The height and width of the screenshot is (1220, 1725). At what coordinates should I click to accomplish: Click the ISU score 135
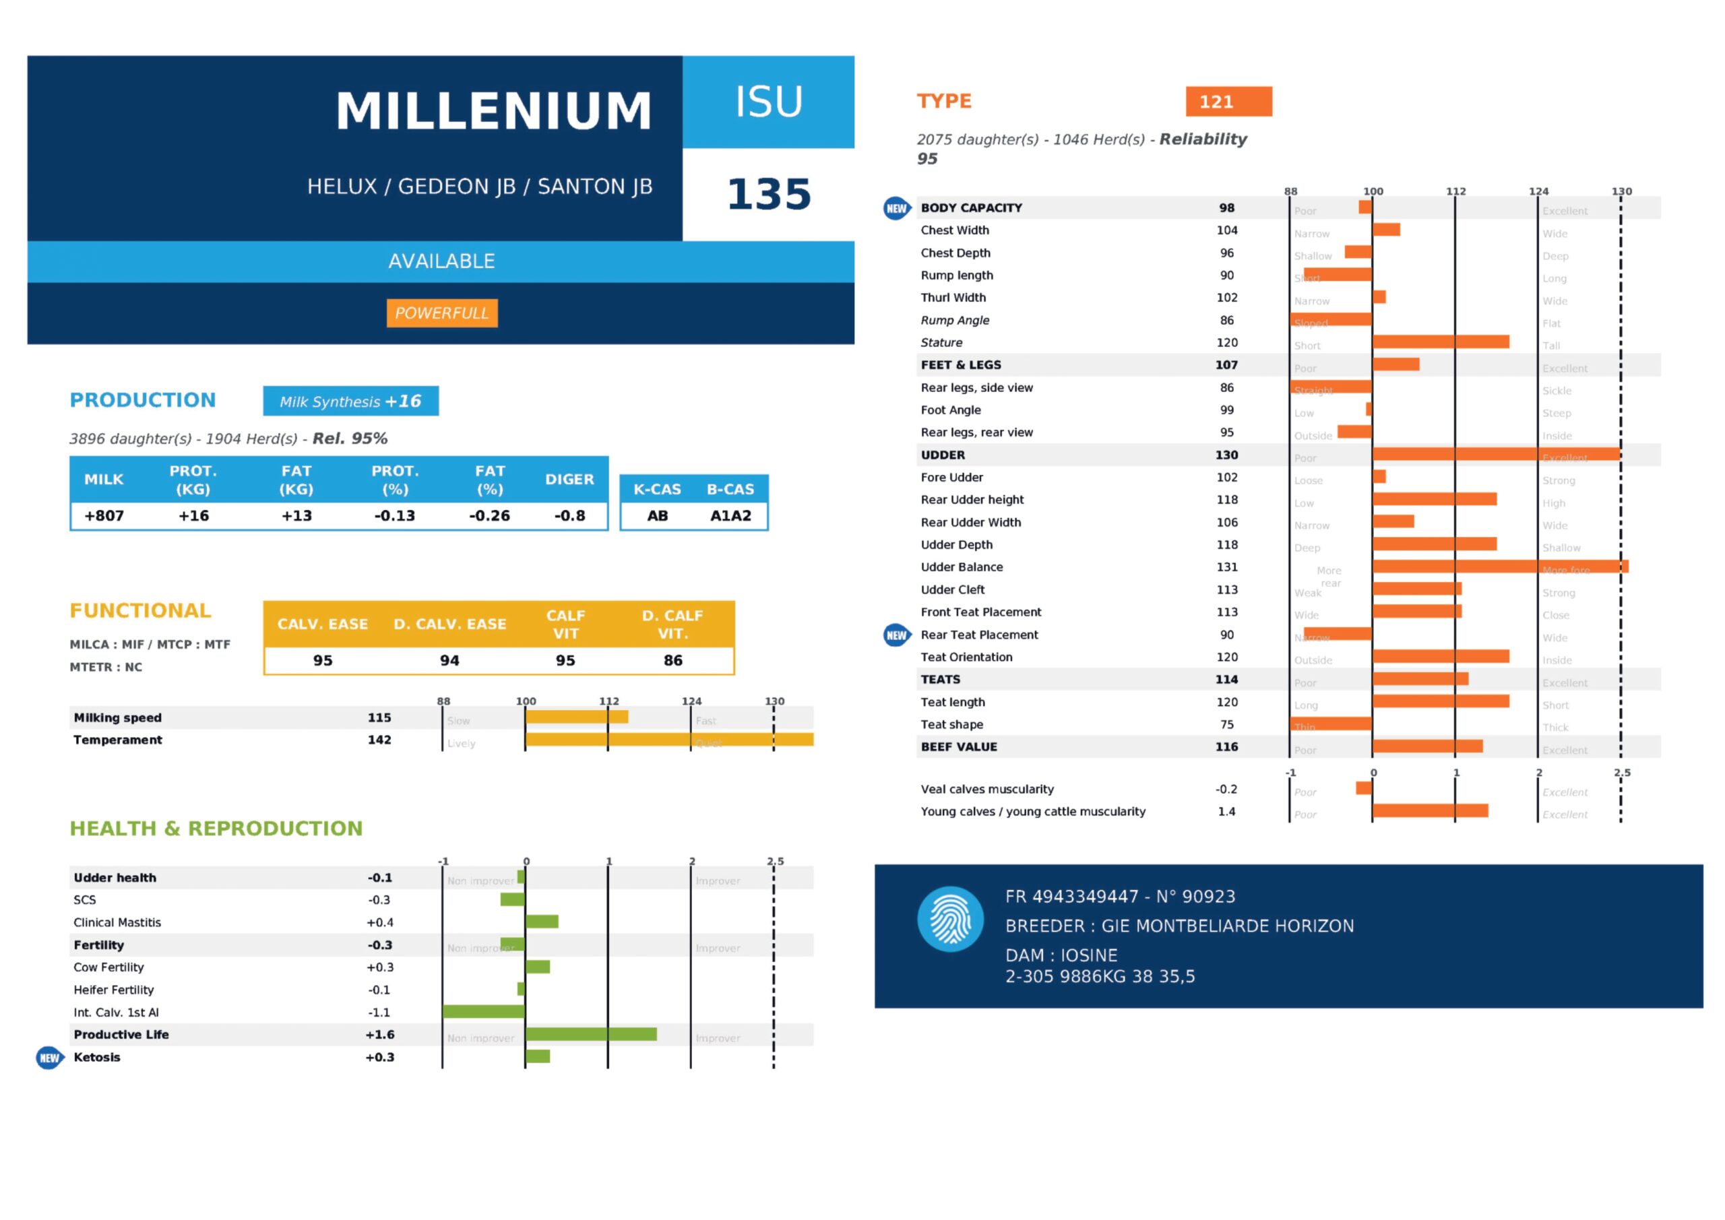pos(769,194)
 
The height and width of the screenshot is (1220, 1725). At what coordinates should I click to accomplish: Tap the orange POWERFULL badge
pos(442,313)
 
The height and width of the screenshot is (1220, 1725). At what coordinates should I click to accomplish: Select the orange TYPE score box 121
pos(1228,102)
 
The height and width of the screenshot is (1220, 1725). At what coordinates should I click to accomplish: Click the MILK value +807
pos(104,516)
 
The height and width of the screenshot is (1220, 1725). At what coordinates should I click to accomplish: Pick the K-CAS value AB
pos(658,516)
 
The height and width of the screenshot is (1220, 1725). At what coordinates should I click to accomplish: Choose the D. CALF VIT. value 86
pos(672,660)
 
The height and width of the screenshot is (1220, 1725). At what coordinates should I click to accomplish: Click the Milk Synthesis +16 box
pos(350,401)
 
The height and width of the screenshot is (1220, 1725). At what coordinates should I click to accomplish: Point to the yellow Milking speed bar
pos(576,717)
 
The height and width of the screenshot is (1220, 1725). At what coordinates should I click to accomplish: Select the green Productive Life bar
pos(590,1035)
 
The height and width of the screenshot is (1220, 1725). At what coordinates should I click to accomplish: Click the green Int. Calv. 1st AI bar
pos(484,1012)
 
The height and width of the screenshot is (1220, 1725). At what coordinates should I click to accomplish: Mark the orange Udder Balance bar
pos(1500,567)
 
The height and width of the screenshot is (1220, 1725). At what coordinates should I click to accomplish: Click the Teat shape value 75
pos(1226,725)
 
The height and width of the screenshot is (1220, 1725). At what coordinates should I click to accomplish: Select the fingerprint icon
pos(950,920)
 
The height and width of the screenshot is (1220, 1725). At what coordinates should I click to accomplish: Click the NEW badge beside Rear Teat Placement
pos(896,635)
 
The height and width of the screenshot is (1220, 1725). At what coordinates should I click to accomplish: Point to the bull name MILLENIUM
pos(494,111)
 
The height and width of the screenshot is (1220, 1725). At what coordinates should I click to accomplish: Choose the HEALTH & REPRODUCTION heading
pos(216,829)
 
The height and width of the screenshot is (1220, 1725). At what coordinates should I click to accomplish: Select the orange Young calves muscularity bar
pos(1430,811)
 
